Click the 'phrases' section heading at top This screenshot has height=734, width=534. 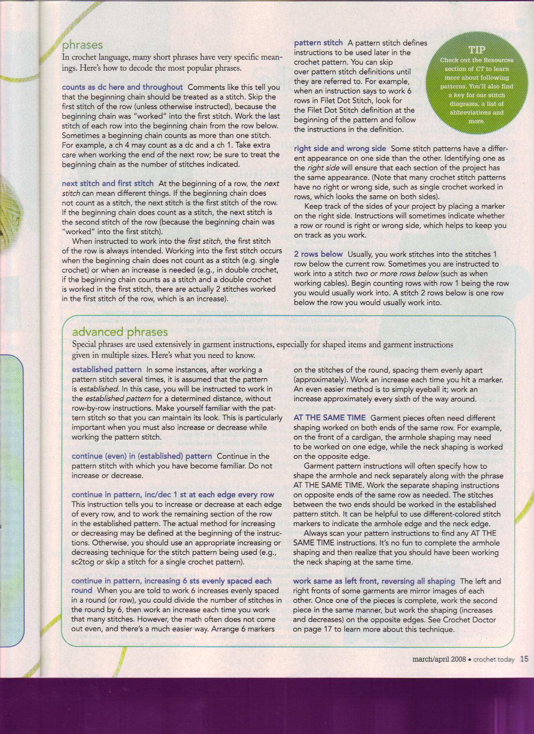tap(83, 45)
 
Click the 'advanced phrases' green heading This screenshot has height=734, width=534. tap(120, 332)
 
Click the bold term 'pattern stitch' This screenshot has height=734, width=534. tap(318, 43)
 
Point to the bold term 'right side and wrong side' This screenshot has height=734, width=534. tap(340, 148)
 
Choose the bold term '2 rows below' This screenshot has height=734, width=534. tap(318, 254)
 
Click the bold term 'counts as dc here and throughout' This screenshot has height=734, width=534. tap(122, 87)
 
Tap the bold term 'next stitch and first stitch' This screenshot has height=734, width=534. tap(108, 183)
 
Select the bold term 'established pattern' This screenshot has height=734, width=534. tap(107, 370)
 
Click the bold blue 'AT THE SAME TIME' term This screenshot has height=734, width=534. tap(330, 418)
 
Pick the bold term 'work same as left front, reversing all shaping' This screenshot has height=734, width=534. tap(374, 581)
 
